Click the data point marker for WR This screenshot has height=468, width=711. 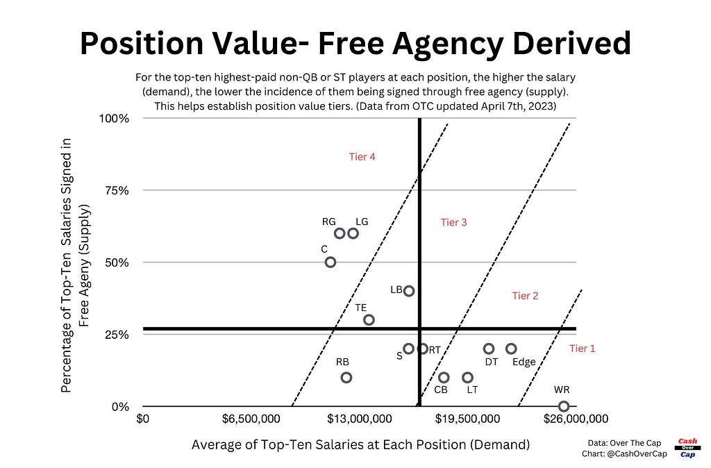pyautogui.click(x=564, y=406)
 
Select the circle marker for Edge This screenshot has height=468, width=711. pyautogui.click(x=511, y=349)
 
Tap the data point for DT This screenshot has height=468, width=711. pyautogui.click(x=489, y=349)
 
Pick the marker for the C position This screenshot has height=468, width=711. pyautogui.click(x=331, y=262)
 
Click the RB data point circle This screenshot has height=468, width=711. pyautogui.click(x=346, y=377)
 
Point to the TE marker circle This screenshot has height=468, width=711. pyautogui.click(x=369, y=319)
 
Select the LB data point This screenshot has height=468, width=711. pyautogui.click(x=409, y=291)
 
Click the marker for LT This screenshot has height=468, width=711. pyautogui.click(x=467, y=377)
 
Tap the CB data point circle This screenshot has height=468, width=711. pyautogui.click(x=444, y=377)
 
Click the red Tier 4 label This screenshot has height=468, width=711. pyautogui.click(x=362, y=157)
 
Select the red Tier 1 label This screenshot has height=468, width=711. pyautogui.click(x=582, y=349)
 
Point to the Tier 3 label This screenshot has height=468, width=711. pyautogui.click(x=454, y=222)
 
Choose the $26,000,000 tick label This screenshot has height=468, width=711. pyautogui.click(x=576, y=419)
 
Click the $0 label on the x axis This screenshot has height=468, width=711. pyautogui.click(x=143, y=419)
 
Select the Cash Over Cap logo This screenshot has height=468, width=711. pyautogui.click(x=687, y=448)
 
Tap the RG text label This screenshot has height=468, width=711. pyautogui.click(x=329, y=222)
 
